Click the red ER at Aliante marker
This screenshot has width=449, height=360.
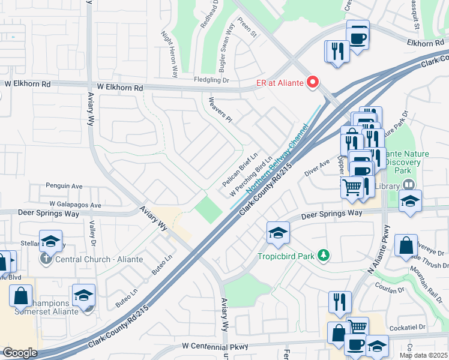(312, 82)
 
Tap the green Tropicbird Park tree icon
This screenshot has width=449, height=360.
(324, 256)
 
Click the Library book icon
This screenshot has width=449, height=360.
(409, 185)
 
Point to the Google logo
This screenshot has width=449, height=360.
(19, 353)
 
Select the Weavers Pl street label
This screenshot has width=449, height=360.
(219, 109)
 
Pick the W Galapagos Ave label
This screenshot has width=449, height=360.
(76, 205)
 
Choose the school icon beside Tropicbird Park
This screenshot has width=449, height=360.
(278, 233)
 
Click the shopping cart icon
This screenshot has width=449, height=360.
(352, 187)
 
